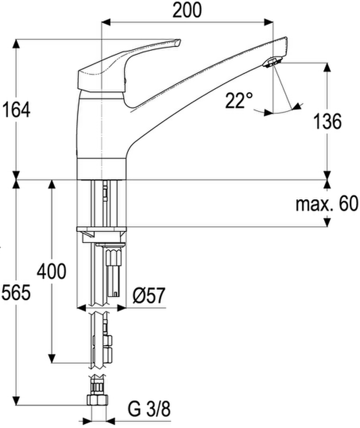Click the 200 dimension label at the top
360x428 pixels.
click(x=187, y=10)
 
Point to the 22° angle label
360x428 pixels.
click(x=239, y=100)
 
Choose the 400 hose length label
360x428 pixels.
click(x=52, y=271)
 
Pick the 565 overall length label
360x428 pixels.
click(x=16, y=293)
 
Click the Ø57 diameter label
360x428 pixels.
click(x=149, y=295)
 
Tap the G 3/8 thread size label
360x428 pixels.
click(x=149, y=409)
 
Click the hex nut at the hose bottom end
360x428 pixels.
click(x=97, y=400)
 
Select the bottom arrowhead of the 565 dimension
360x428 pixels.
click(x=16, y=401)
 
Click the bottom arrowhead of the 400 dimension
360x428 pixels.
click(x=52, y=359)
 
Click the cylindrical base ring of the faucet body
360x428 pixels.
click(x=101, y=169)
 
